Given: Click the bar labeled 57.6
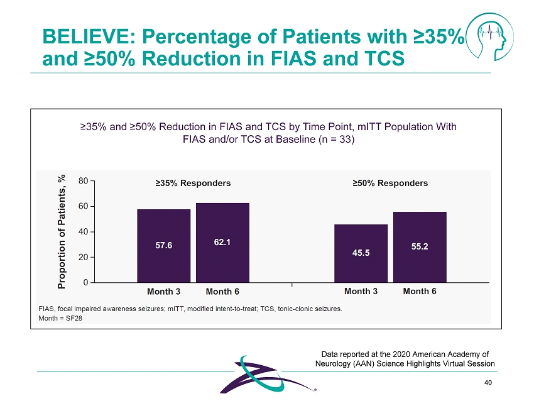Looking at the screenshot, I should (163, 246).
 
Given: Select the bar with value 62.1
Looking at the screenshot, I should (222, 243).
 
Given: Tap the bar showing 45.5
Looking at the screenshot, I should (361, 253).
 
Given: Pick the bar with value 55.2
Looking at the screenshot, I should (420, 247).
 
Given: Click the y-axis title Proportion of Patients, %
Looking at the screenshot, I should (62, 232).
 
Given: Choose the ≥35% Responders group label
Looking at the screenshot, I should (193, 184).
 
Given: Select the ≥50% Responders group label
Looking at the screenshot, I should (390, 184).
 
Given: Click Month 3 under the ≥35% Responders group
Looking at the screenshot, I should (163, 292).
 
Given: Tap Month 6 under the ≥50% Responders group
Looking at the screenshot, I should (420, 292).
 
